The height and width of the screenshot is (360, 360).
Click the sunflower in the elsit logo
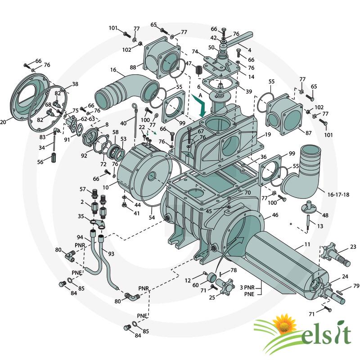tap(284, 324)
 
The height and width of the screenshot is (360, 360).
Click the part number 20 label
tap(3, 122)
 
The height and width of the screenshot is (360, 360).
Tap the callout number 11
tap(307, 244)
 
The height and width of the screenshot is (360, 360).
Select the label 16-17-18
tap(338, 195)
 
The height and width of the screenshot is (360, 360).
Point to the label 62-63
tap(88, 119)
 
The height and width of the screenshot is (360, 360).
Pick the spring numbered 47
tap(199, 70)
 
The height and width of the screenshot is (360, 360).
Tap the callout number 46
tap(275, 215)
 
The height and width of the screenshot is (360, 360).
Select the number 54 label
tap(152, 217)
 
